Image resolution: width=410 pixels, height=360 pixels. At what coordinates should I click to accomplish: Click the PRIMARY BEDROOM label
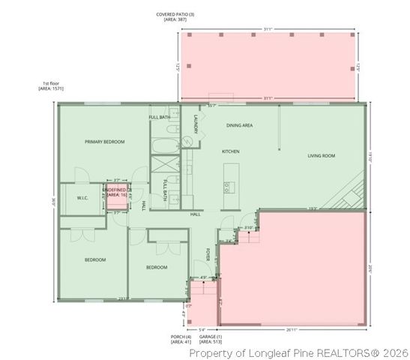pos(104,142)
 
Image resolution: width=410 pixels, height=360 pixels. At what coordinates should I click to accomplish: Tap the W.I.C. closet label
pos(82,198)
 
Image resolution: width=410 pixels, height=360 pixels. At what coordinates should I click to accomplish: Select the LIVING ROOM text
pos(322,156)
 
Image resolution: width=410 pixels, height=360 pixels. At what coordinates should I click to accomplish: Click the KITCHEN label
pos(230,151)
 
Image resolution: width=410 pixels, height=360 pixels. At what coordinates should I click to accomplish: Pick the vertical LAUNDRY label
pos(196,124)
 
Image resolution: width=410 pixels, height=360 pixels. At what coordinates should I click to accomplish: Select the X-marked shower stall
pos(164,165)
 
